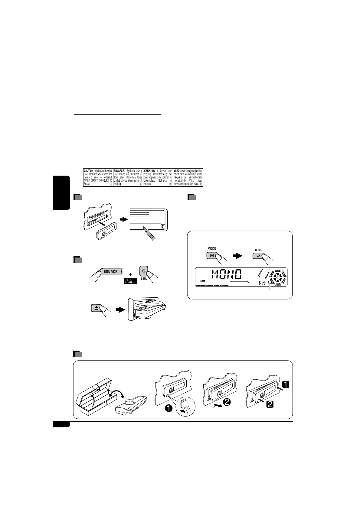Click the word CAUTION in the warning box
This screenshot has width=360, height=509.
point(89,171)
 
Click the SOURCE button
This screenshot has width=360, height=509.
point(110,271)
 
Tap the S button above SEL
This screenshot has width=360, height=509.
point(143,271)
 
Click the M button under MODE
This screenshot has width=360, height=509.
point(211,256)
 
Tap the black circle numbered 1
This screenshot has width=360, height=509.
point(169,408)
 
